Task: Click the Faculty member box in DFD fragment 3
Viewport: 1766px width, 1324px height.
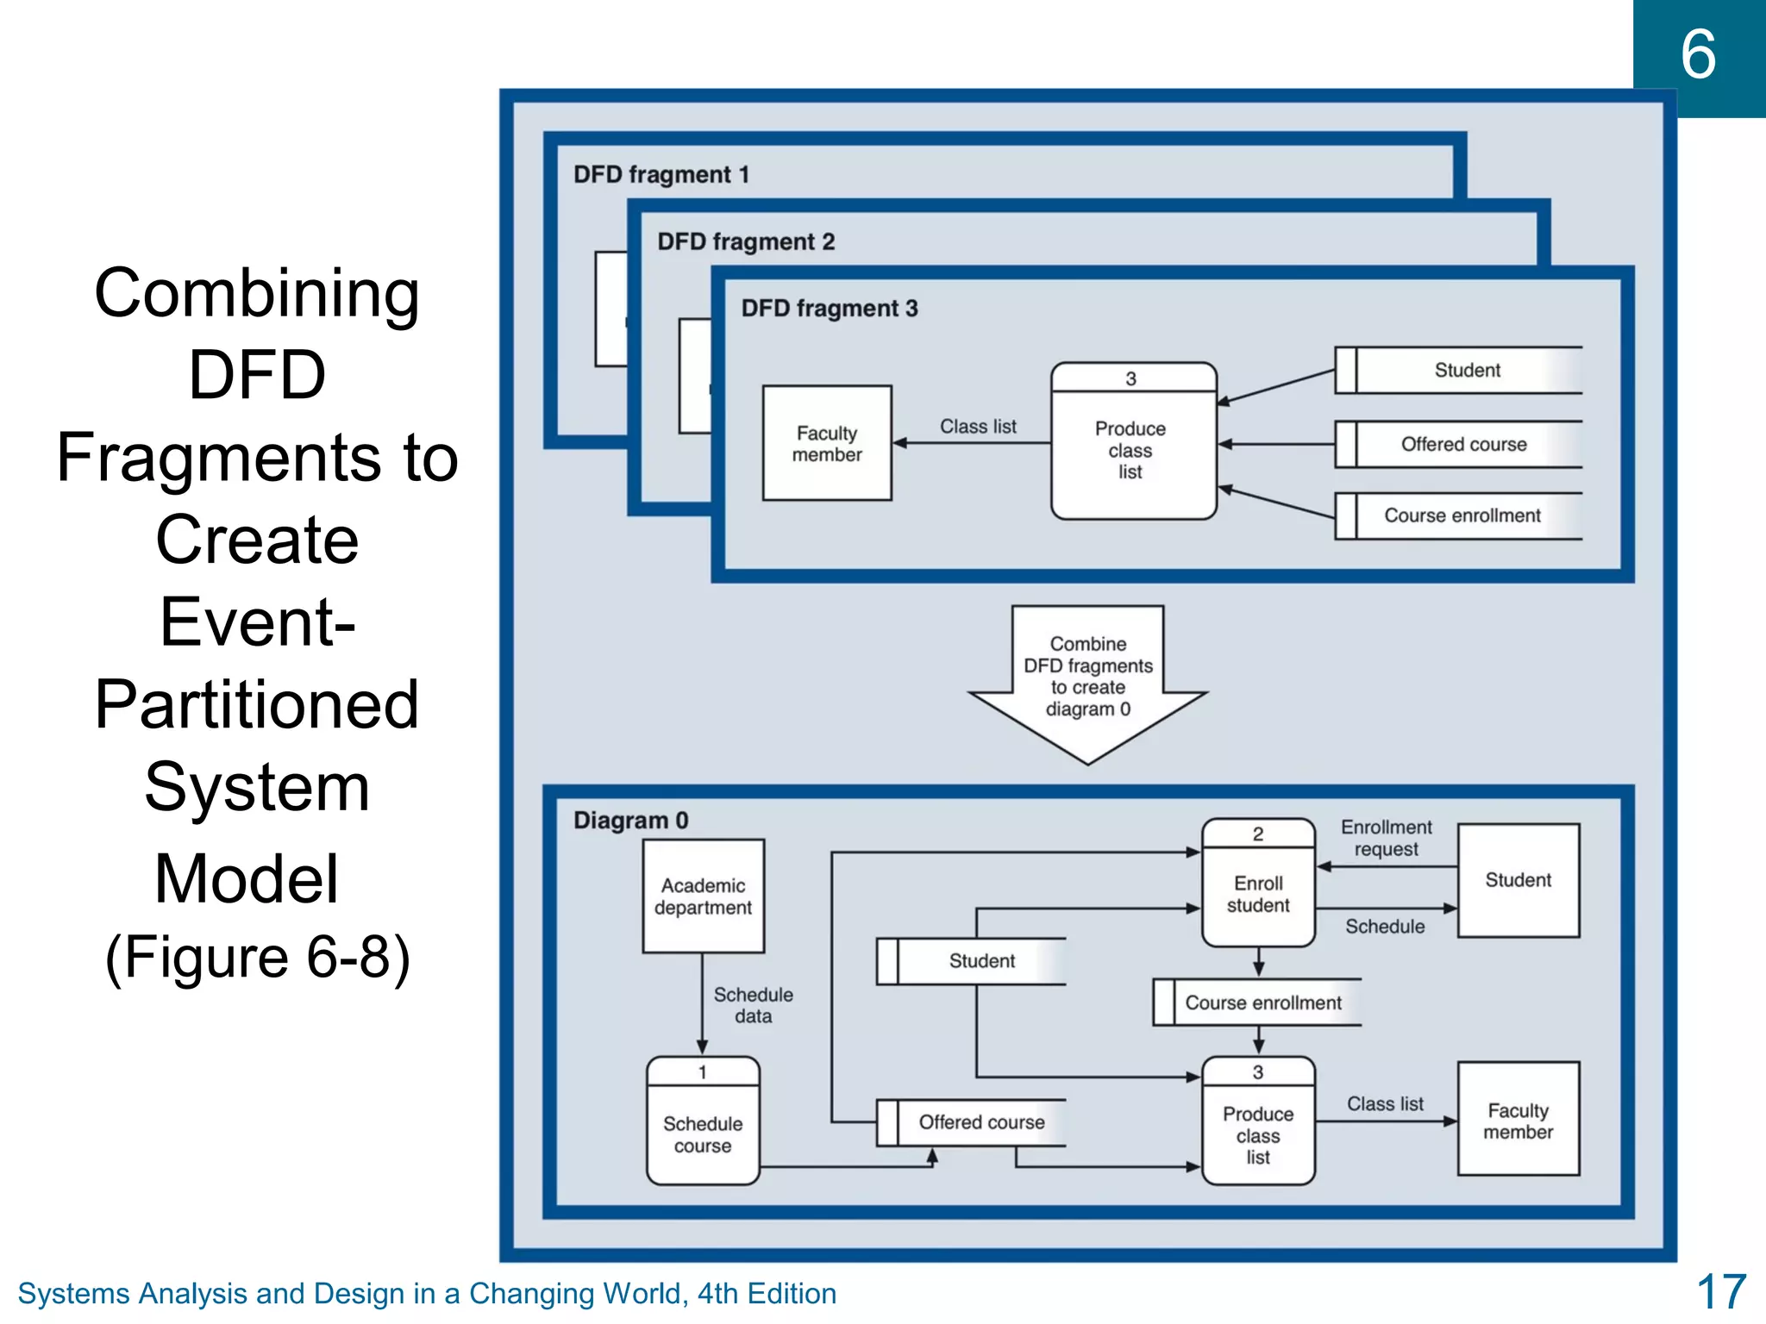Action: pyautogui.click(x=827, y=443)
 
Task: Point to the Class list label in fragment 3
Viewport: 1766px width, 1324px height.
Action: pyautogui.click(x=978, y=427)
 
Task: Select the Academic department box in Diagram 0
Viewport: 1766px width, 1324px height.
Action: pyautogui.click(x=703, y=896)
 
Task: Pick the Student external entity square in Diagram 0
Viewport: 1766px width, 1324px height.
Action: pyautogui.click(x=1518, y=880)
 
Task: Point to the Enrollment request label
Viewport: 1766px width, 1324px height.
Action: pyautogui.click(x=1386, y=838)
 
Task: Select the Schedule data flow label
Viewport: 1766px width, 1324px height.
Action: pyautogui.click(x=753, y=1005)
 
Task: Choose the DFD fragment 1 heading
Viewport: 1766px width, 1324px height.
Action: pyautogui.click(x=661, y=175)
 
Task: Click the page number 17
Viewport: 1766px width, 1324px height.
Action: pyautogui.click(x=1720, y=1292)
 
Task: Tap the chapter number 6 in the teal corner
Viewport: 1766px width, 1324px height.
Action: pyautogui.click(x=1698, y=55)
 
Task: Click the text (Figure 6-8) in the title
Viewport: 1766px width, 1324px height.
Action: pyautogui.click(x=257, y=957)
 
